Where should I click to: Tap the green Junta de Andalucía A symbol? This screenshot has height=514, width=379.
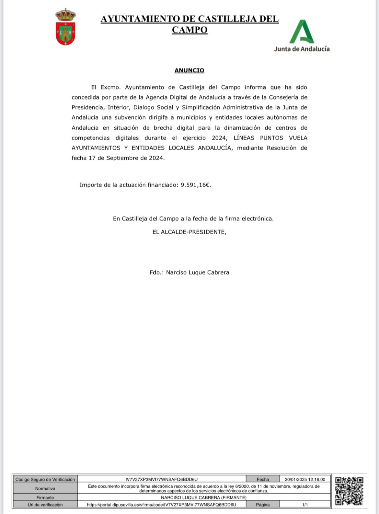[x=302, y=32]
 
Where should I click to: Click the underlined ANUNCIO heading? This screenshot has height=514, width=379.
[x=189, y=70]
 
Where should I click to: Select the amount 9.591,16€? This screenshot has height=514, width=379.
[x=196, y=185]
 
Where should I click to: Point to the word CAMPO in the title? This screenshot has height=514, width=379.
[x=189, y=30]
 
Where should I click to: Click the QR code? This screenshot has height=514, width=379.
[x=349, y=491]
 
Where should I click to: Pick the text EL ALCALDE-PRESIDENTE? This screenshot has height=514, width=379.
[x=189, y=232]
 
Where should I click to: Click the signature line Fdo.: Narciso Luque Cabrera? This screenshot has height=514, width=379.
[x=189, y=272]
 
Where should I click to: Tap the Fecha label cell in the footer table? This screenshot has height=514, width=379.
[x=263, y=479]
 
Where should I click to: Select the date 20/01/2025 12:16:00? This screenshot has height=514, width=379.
[x=305, y=479]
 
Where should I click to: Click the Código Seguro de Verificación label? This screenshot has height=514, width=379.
[x=45, y=479]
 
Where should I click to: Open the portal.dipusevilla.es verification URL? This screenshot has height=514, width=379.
[x=161, y=505]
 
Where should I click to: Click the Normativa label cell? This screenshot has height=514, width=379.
[x=45, y=488]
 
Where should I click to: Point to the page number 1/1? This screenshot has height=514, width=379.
[x=305, y=505]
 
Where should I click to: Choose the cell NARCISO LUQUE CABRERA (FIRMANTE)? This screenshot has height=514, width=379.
[x=203, y=497]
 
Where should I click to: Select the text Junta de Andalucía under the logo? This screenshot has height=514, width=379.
[x=302, y=49]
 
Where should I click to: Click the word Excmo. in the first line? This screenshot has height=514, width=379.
[x=110, y=87]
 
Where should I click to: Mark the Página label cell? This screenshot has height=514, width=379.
[x=263, y=505]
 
